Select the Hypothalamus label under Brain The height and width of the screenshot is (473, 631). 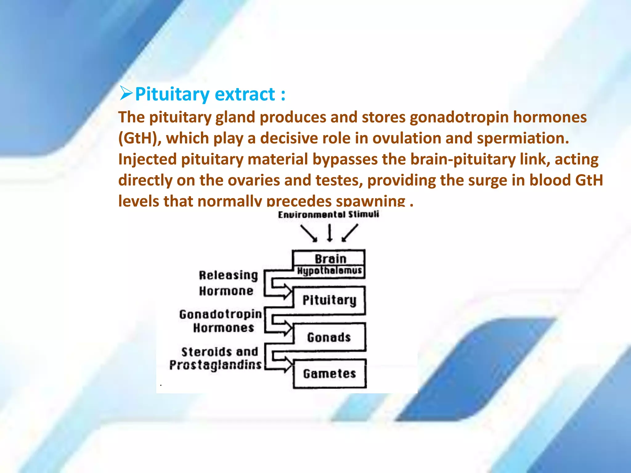point(329,271)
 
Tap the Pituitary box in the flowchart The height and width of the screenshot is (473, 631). point(329,300)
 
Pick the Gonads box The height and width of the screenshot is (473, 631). point(329,337)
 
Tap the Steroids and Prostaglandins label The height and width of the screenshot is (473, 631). point(216,358)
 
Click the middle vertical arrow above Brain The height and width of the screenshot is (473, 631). point(330,232)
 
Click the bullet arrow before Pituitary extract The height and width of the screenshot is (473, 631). point(126,94)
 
